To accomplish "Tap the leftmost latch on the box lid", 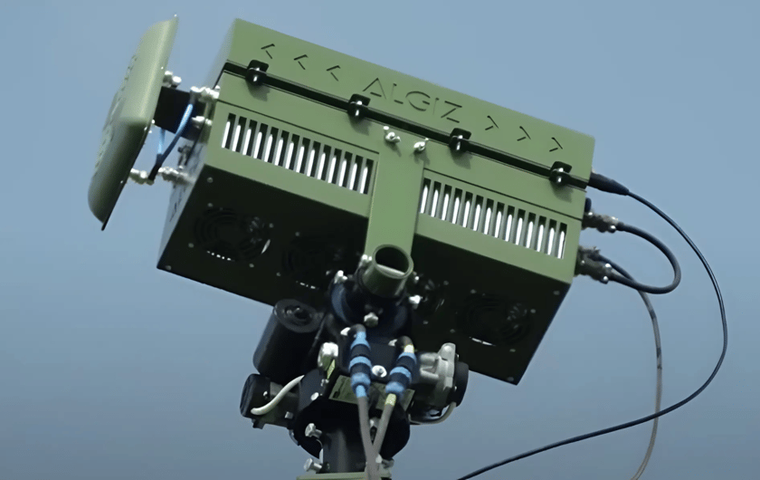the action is [x=256, y=72].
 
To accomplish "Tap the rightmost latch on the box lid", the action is [x=561, y=172].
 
